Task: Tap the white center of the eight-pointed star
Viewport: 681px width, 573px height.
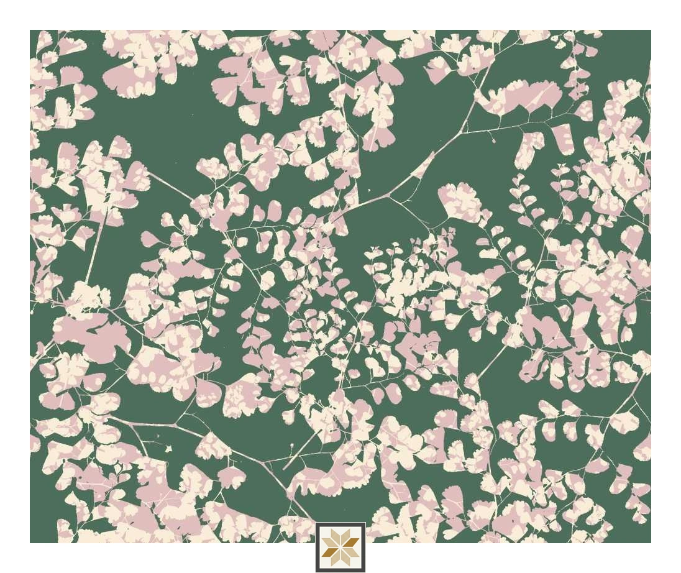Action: point(340,547)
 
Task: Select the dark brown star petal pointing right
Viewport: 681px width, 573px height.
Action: point(352,543)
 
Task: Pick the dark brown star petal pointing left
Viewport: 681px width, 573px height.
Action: point(329,551)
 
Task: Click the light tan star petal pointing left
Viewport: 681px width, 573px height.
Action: point(329,543)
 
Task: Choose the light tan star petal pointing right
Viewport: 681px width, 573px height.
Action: point(352,551)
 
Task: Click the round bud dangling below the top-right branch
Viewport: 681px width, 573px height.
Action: point(494,141)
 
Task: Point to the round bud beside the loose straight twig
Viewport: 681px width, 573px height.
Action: point(291,446)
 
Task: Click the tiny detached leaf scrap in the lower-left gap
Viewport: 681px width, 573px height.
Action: point(168,448)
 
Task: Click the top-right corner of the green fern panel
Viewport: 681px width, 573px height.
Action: point(651,30)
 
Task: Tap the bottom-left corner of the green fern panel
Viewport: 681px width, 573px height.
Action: point(30,542)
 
